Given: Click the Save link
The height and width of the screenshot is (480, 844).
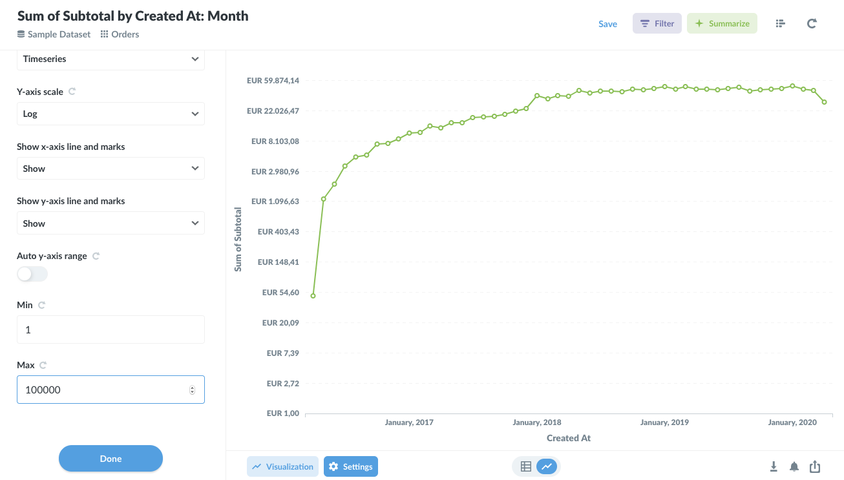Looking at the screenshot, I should (x=607, y=24).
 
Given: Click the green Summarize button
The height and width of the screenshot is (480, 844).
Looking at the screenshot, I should (x=722, y=24).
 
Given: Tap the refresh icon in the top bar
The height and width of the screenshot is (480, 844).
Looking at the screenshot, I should (x=812, y=24).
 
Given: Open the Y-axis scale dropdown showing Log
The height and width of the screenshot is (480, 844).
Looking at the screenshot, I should (x=111, y=114).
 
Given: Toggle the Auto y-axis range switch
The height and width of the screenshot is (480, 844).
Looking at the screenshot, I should (x=32, y=274).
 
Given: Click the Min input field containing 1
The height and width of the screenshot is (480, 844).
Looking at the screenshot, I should (x=111, y=329).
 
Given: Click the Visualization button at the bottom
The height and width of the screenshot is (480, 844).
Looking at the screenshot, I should (x=282, y=466).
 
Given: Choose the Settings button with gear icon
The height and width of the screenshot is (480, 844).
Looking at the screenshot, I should (x=351, y=466).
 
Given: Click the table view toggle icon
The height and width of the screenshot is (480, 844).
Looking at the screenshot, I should (x=526, y=466).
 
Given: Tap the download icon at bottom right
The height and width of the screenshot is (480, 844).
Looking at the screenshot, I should (x=774, y=466).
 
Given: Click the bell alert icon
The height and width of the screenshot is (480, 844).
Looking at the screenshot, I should (x=794, y=466).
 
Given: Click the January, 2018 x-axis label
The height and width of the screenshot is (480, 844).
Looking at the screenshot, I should (x=536, y=423).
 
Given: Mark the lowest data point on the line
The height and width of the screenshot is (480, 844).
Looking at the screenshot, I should (x=313, y=296).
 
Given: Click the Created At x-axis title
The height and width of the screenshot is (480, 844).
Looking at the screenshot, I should (x=569, y=438).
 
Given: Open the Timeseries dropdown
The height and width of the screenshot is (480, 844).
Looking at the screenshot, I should (x=111, y=59).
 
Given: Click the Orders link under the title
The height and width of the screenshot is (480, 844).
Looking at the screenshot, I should (x=125, y=34).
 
